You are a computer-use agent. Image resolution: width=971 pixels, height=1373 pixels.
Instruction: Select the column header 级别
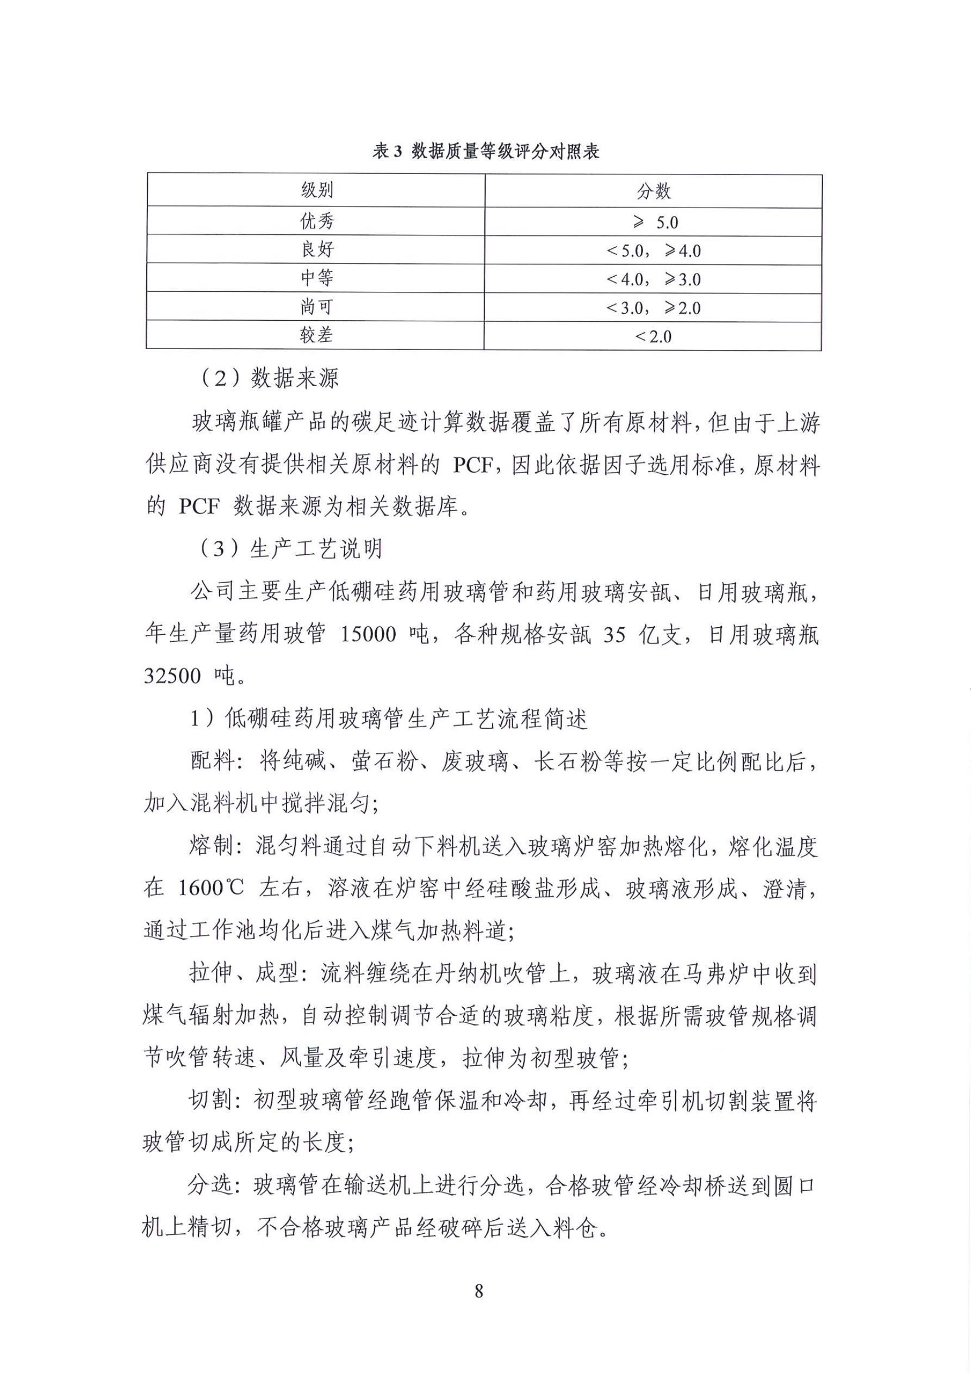[316, 191]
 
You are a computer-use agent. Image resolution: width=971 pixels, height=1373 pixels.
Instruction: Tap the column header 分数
[653, 191]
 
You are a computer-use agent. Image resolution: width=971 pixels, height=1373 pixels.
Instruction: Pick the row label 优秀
[316, 221]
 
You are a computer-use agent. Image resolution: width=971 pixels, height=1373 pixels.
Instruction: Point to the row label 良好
[316, 249]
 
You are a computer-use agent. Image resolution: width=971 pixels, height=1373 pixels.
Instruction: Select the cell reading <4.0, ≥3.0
[653, 279]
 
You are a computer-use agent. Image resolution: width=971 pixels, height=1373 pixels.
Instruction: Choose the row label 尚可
[316, 307]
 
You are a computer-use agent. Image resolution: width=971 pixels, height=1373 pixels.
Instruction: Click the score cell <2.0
[653, 336]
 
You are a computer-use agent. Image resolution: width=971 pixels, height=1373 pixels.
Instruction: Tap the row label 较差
[316, 335]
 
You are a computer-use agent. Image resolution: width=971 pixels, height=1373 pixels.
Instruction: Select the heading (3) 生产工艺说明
[289, 548]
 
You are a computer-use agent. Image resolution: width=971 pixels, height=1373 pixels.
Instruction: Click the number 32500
[172, 676]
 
